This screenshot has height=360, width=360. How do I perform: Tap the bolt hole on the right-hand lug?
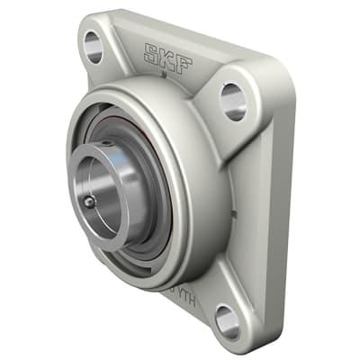point(232,100)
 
